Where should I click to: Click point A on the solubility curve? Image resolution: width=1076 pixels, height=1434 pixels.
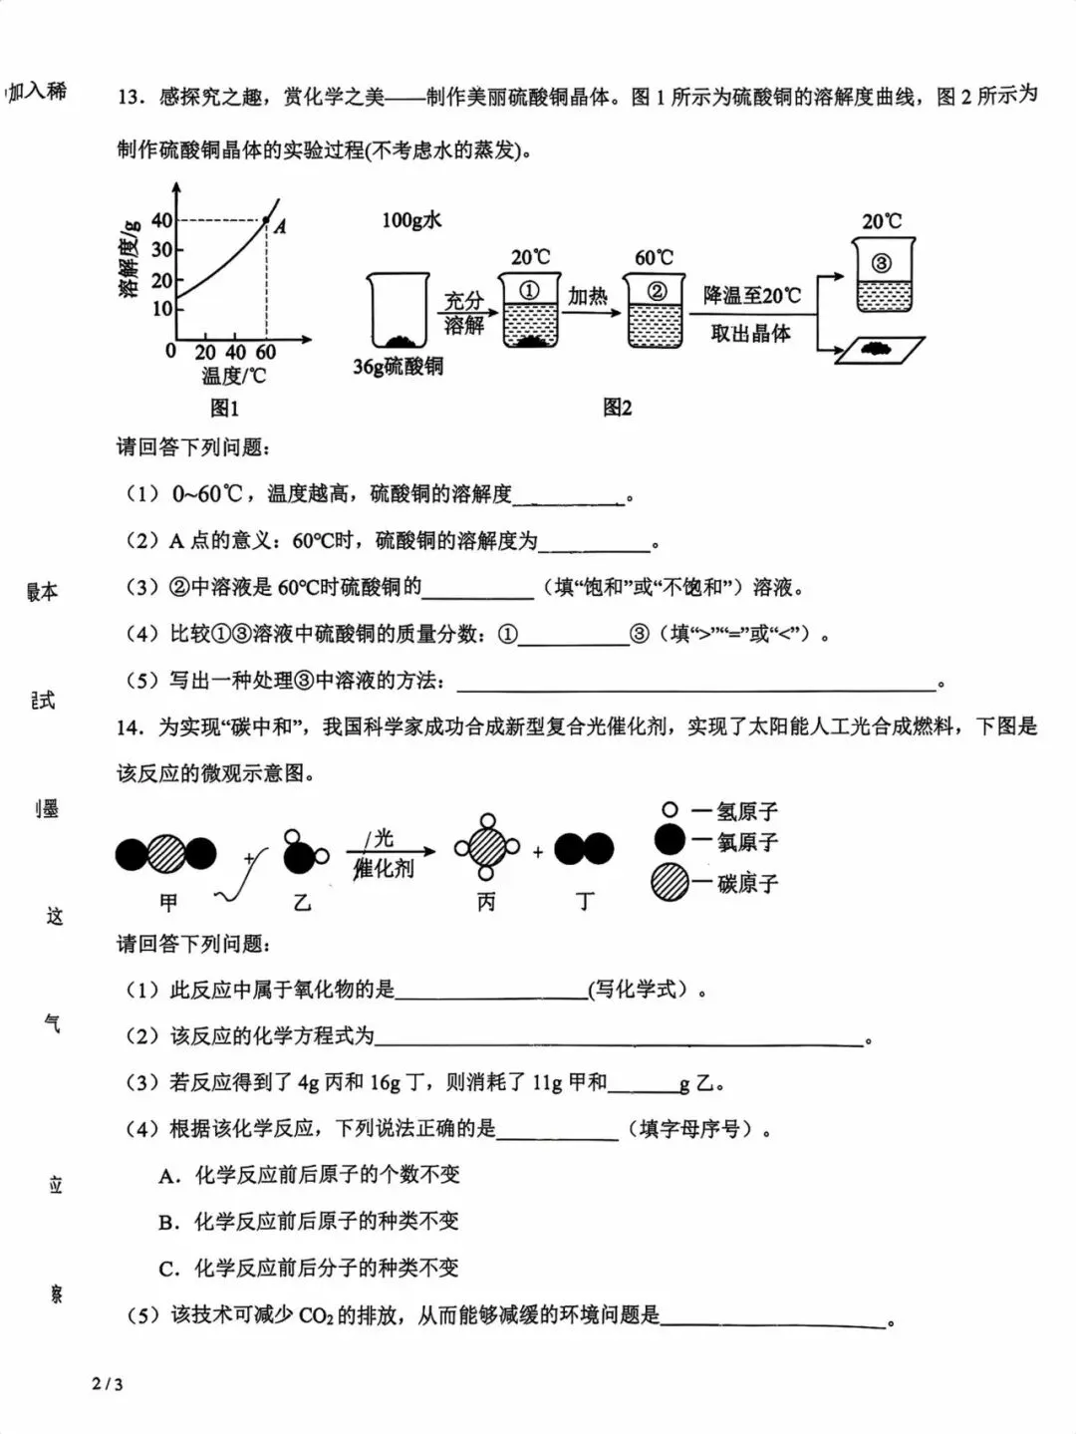coord(266,219)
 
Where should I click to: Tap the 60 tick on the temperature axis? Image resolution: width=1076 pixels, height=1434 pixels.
coord(265,352)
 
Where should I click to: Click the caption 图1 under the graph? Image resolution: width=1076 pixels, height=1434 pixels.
coord(224,408)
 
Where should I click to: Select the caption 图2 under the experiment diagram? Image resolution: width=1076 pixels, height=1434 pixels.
coord(617,408)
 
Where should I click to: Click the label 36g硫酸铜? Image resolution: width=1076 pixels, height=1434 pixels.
coord(398,367)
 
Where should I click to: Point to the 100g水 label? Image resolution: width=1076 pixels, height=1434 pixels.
coord(411,220)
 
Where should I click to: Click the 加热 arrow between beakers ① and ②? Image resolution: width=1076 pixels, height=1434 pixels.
coord(591,311)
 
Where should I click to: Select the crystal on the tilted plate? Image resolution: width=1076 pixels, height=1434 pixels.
coord(878,349)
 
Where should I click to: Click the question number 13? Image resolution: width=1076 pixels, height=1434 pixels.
coord(131,97)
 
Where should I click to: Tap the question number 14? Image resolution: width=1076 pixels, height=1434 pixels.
coord(131,727)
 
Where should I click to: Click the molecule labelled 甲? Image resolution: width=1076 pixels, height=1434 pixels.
coord(166,854)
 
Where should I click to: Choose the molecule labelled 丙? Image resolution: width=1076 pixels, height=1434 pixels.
coord(487,848)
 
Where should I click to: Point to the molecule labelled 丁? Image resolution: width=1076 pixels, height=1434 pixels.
coord(584,849)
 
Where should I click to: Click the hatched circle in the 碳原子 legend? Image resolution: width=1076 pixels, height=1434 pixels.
coord(670,882)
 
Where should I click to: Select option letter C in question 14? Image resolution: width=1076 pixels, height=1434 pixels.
coord(168,1269)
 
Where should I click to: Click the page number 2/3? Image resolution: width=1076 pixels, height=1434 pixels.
coord(107,1383)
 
